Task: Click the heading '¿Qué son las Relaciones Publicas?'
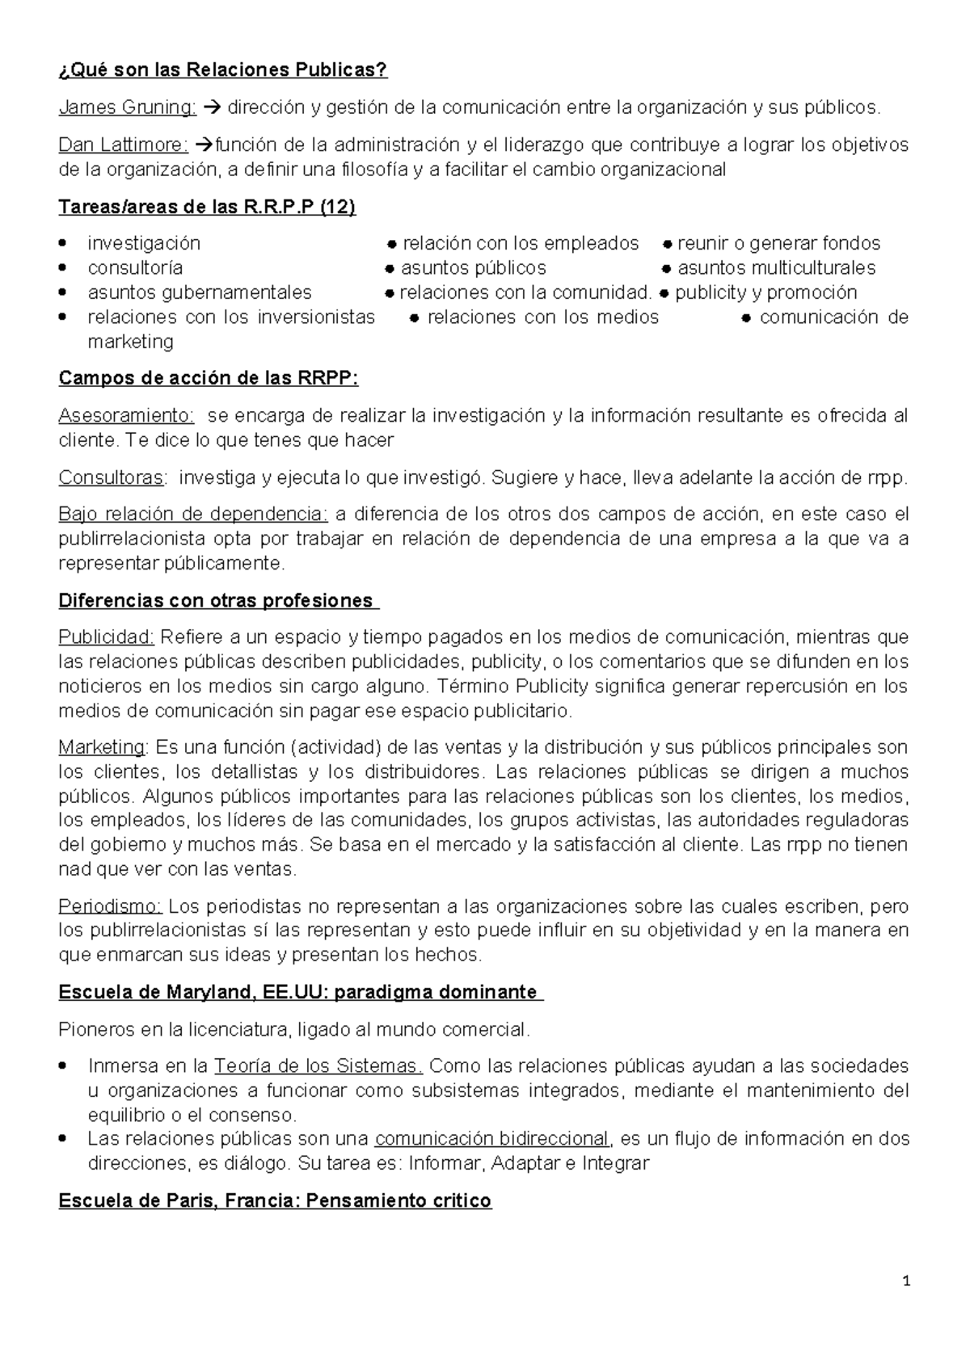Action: pyautogui.click(x=223, y=70)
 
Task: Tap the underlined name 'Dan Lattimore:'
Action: pyautogui.click(x=123, y=145)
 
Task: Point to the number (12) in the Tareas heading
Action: pyautogui.click(x=338, y=207)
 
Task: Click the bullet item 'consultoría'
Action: pyautogui.click(x=135, y=267)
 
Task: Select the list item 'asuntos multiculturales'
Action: pyautogui.click(x=776, y=267)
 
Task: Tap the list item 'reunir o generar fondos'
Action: pyautogui.click(x=778, y=243)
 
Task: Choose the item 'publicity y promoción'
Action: pyautogui.click(x=765, y=292)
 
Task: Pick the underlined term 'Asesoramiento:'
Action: pyautogui.click(x=126, y=416)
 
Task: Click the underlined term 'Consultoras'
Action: pyautogui.click(x=112, y=477)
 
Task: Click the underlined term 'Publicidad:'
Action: pyautogui.click(x=106, y=637)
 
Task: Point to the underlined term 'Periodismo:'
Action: pyautogui.click(x=111, y=906)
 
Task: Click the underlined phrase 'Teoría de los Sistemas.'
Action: pyautogui.click(x=318, y=1065)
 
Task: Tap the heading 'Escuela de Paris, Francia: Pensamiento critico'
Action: pyautogui.click(x=275, y=1201)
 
